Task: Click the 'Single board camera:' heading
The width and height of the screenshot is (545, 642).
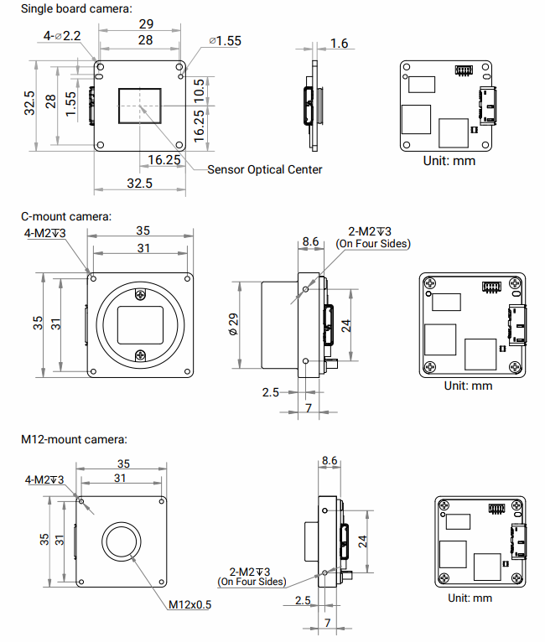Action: tap(76, 8)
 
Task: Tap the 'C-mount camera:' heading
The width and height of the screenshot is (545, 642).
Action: tap(65, 216)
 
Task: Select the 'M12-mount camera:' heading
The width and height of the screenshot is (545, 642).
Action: tap(74, 438)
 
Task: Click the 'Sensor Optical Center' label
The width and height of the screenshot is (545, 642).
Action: tap(264, 169)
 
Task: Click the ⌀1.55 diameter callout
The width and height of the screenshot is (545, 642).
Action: tap(224, 41)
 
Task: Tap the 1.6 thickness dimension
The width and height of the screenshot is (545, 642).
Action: tap(340, 44)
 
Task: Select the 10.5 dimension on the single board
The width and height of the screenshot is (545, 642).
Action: tap(199, 87)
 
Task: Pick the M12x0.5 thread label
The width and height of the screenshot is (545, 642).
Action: tap(189, 603)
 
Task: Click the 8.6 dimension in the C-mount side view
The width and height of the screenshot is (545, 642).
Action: tap(309, 241)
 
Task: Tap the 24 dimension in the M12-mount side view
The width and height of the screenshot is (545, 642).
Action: tap(364, 541)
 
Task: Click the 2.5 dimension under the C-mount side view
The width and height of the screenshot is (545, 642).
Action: tap(270, 391)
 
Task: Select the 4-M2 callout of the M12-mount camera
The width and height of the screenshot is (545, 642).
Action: tap(45, 479)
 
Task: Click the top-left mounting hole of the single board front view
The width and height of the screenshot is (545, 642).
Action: tap(100, 68)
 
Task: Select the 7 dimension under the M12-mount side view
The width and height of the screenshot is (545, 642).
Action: tap(328, 623)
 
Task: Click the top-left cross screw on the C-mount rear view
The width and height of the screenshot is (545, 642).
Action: tap(430, 285)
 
